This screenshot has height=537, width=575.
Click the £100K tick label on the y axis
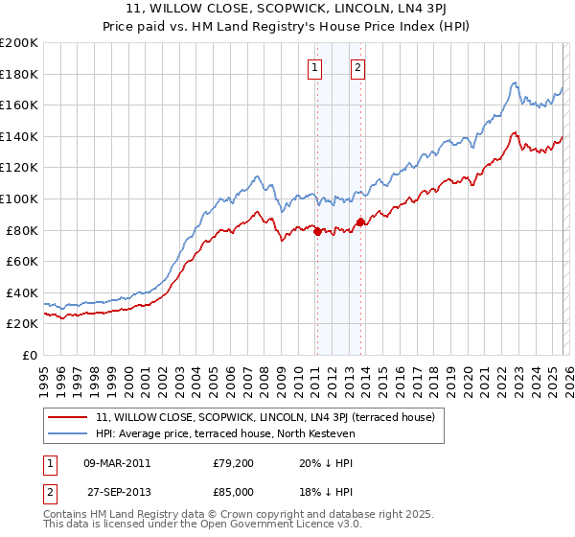click(x=19, y=198)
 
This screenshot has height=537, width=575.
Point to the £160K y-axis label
click(x=19, y=105)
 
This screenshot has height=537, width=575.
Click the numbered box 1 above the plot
click(x=314, y=67)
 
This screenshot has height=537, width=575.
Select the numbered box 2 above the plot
click(x=357, y=67)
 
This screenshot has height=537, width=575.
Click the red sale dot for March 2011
click(x=317, y=230)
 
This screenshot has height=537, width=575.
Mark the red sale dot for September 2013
click(x=360, y=222)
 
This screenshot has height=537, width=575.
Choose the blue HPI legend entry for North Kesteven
click(x=225, y=433)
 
